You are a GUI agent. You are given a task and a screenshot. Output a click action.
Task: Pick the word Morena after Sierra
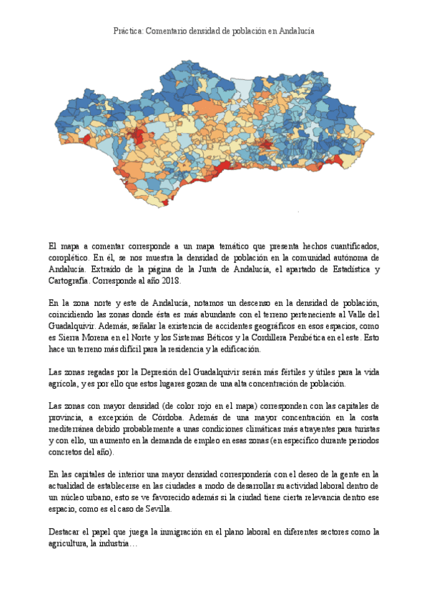pyautogui.click(x=97, y=337)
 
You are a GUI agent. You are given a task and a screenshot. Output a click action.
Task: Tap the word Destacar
pyautogui.click(x=65, y=532)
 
